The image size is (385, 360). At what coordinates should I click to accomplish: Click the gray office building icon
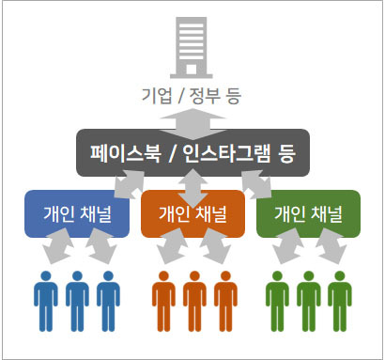(x=192, y=47)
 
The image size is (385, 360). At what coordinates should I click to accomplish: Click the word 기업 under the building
(x=157, y=96)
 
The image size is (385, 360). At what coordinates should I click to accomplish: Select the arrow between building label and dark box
(x=192, y=124)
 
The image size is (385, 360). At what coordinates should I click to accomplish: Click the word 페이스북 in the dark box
(x=126, y=153)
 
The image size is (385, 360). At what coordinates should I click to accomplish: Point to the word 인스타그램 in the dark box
(x=226, y=153)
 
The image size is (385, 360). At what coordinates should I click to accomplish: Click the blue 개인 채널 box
(x=77, y=213)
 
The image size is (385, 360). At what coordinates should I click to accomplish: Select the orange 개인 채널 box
(x=192, y=213)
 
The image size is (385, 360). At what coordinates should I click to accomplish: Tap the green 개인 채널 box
(x=308, y=213)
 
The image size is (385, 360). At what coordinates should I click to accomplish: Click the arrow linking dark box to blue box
(x=130, y=184)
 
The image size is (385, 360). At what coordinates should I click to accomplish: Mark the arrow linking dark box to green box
(x=256, y=184)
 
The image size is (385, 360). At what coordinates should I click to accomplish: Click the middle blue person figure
(x=77, y=302)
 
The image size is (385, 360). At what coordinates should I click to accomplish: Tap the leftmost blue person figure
(x=46, y=302)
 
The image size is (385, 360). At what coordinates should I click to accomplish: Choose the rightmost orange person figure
(x=225, y=302)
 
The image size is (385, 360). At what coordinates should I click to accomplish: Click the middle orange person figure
(x=194, y=302)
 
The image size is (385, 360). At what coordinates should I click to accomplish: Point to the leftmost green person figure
(x=277, y=302)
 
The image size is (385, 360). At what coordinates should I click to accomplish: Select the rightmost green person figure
(x=340, y=302)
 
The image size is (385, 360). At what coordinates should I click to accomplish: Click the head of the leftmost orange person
(x=163, y=276)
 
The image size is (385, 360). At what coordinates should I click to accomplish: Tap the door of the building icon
(x=192, y=70)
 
